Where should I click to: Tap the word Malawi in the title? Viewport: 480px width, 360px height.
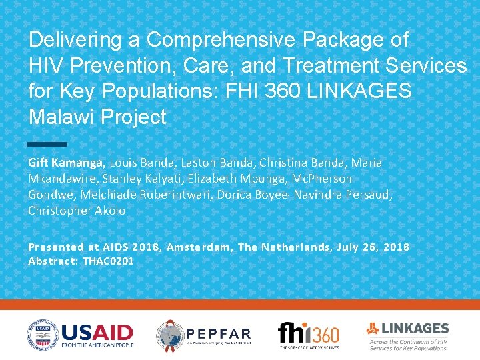[x=63, y=117]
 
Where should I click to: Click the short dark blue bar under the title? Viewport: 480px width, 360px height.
[x=48, y=144]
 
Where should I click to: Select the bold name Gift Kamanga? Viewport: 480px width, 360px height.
[x=66, y=163]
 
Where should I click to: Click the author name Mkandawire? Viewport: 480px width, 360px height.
[x=62, y=179]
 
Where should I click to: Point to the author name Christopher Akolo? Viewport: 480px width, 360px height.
[x=77, y=211]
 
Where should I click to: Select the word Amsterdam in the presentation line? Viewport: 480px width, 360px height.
[x=199, y=247]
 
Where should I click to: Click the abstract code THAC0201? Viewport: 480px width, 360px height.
[x=108, y=261]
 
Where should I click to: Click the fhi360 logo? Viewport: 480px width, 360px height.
[x=308, y=333]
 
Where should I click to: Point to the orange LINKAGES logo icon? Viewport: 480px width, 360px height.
[x=373, y=328]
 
